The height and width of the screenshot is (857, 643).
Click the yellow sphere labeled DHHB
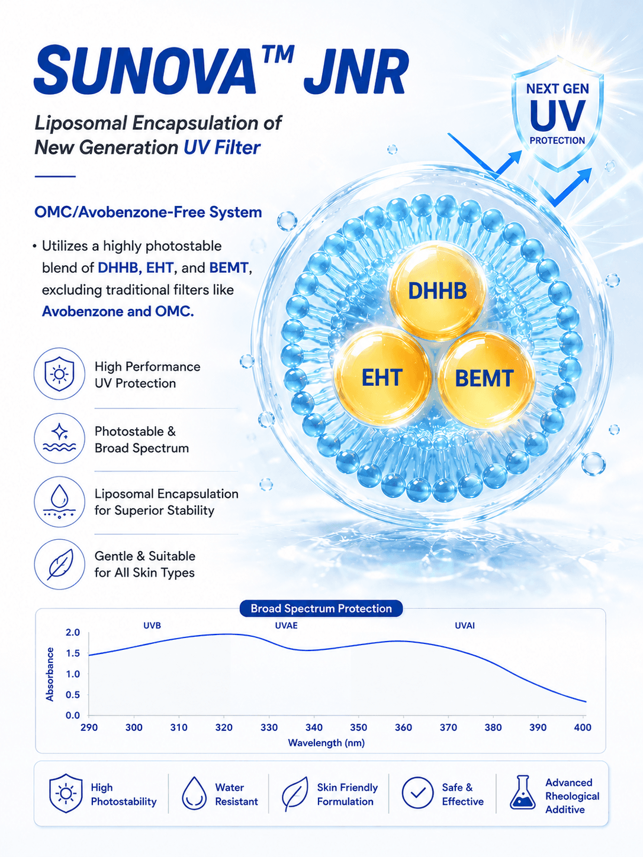438,291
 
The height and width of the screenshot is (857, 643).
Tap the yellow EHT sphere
382,377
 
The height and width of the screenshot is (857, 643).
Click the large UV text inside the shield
558,116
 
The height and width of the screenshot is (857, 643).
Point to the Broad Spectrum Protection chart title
321,608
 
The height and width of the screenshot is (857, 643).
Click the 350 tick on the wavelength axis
358,727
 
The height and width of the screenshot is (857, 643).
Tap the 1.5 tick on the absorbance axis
73,653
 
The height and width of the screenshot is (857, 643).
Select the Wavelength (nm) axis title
326,743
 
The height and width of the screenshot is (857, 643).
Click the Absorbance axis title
50,674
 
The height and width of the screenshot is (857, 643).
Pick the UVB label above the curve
152,626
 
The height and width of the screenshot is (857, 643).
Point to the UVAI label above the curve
465,626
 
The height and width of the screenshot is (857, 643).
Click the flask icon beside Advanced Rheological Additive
522,792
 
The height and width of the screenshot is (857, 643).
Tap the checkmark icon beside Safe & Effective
417,792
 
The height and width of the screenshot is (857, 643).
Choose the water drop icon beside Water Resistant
194,793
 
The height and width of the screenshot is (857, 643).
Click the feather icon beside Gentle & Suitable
59,564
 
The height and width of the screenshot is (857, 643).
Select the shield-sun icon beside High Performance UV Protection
59,373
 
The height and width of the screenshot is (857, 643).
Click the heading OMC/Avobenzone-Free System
148,212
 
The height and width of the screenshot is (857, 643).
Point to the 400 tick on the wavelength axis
583,727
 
